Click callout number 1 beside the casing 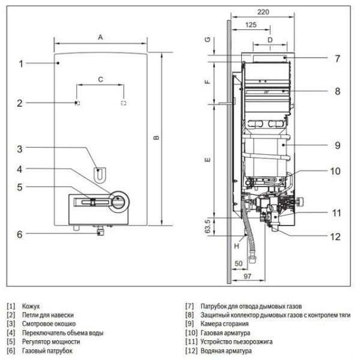(x=20, y=63)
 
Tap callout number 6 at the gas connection (x=20, y=234)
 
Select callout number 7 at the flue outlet (x=338, y=59)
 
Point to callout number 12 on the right (x=335, y=236)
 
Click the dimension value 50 (x=238, y=263)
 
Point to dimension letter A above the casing (x=101, y=37)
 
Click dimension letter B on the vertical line (x=155, y=139)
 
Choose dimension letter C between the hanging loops (x=100, y=79)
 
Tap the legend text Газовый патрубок (x=47, y=350)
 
